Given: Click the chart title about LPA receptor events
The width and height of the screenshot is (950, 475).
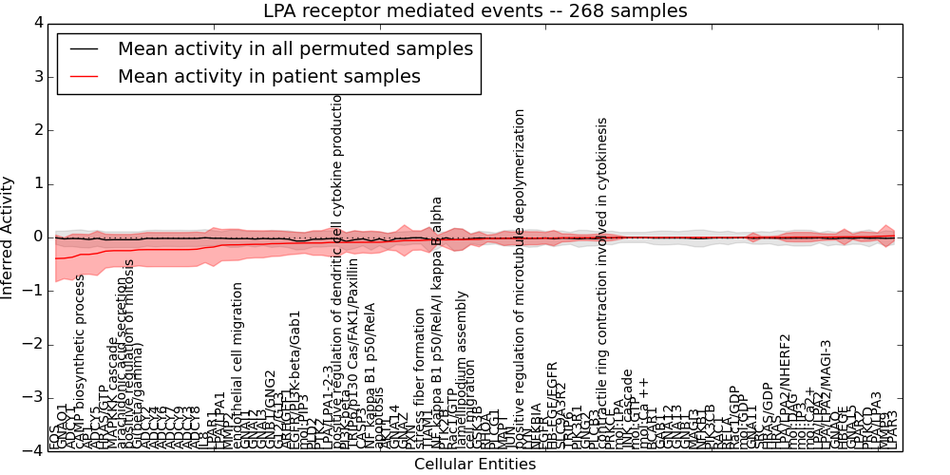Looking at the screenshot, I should click(475, 11).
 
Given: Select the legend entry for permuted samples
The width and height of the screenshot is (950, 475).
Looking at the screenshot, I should click(294, 48).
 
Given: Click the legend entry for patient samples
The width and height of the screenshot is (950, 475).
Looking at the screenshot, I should click(269, 77).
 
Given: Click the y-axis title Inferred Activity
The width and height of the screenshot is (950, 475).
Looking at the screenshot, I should click(9, 237).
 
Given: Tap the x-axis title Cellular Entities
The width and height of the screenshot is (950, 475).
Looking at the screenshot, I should click(475, 464).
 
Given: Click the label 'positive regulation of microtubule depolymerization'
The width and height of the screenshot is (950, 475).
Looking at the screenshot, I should click(520, 275).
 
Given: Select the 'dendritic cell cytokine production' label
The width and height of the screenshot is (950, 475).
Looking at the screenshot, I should click(337, 256).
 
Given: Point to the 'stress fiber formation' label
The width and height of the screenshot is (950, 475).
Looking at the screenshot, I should click(420, 377).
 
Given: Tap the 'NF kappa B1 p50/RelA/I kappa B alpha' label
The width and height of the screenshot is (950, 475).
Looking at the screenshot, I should click(437, 323).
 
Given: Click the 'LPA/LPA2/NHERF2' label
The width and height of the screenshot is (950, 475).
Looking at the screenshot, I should click(785, 389).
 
